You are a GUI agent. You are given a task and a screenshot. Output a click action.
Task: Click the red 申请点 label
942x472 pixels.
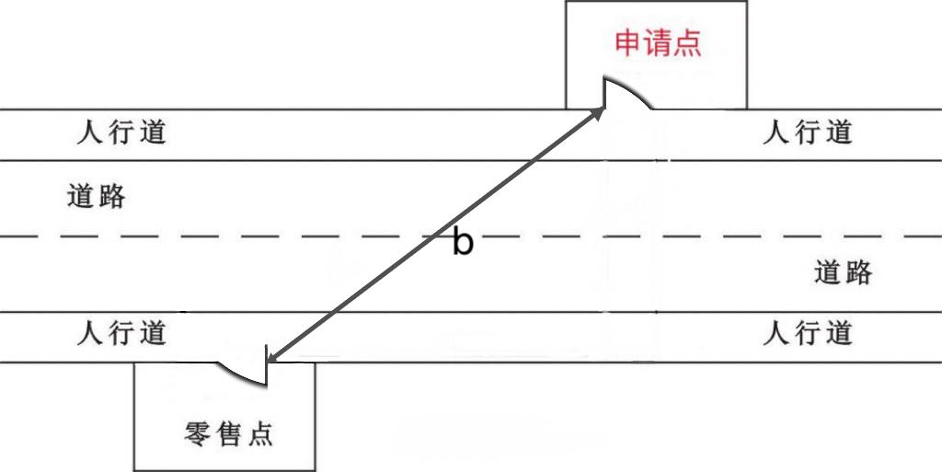tap(658, 42)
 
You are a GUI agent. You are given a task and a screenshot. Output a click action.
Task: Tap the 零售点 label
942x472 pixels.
tap(229, 433)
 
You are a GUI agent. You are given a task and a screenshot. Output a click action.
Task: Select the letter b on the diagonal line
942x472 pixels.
tap(463, 242)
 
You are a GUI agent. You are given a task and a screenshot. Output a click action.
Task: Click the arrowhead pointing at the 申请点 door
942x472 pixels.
tap(600, 111)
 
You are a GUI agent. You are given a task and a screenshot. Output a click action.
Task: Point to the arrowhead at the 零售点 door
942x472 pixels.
tap(270, 356)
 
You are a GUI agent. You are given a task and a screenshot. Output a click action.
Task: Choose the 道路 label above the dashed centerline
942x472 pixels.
tap(97, 196)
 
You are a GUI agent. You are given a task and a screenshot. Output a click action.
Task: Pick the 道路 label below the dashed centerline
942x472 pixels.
tap(844, 272)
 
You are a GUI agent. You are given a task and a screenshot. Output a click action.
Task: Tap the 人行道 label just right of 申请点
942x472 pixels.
tap(808, 132)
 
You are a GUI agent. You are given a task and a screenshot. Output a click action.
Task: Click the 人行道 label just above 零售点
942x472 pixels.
tap(121, 332)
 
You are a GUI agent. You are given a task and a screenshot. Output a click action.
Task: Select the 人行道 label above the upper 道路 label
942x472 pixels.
tap(121, 132)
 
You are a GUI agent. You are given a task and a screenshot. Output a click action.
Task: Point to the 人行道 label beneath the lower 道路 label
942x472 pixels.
tap(808, 332)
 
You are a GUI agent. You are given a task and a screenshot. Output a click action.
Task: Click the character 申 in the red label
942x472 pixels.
tap(628, 42)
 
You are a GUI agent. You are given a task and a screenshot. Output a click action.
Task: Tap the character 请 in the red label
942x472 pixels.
tap(658, 42)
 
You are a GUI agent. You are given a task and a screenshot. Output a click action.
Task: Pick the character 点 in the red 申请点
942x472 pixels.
tap(687, 42)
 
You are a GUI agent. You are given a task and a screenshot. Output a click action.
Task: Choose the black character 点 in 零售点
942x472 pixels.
tap(259, 433)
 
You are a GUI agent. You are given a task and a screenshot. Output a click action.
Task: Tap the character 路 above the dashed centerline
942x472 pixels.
tap(110, 196)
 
